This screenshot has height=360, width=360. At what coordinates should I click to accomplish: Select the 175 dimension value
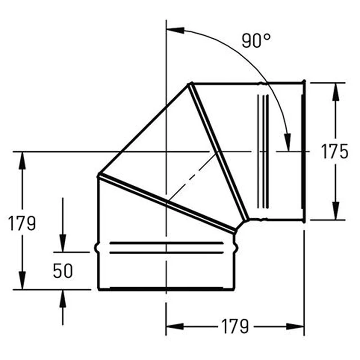pos(334,152)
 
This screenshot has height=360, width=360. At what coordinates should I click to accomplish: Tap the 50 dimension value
pos(63,271)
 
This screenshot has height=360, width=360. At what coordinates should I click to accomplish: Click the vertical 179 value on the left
pos(22,223)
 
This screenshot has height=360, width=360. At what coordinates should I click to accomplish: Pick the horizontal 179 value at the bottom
pos(235,326)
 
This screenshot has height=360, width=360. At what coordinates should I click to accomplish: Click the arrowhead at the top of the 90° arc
pos(175,30)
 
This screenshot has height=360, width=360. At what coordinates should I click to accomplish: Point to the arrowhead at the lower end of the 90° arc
pos(288,142)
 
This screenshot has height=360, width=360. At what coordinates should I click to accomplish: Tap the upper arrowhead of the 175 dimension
pos(336,92)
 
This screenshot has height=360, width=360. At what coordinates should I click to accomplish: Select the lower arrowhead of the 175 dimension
pos(336,211)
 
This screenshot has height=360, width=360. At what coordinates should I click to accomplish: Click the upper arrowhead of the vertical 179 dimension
pos(22,161)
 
